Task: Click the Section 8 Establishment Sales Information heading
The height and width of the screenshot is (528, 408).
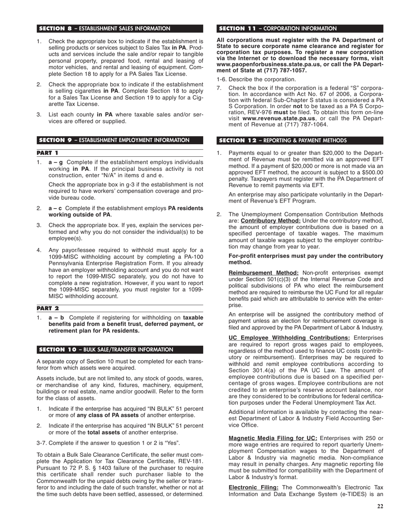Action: [104, 29]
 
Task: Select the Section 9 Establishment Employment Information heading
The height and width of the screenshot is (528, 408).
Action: [114, 140]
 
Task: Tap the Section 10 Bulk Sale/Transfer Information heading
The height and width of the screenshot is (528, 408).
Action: [106, 349]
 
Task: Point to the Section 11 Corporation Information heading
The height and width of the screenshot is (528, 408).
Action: [278, 29]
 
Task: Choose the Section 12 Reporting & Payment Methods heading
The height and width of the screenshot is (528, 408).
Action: [283, 140]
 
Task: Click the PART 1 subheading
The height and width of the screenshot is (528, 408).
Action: [47, 153]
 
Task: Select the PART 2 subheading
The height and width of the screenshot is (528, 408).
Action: [48, 308]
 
